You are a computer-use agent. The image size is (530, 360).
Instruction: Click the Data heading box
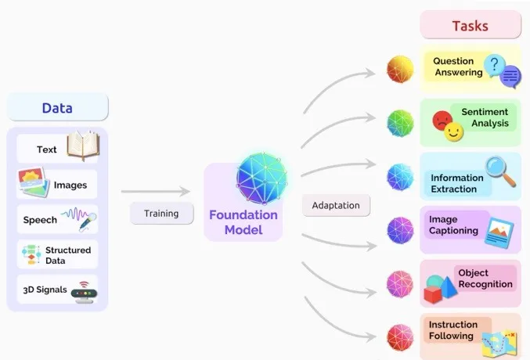point(57,106)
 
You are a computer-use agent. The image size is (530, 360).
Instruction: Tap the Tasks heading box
point(470,25)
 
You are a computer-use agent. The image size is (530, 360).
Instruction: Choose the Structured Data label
point(67,255)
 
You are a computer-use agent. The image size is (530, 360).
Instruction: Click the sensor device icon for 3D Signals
point(82,291)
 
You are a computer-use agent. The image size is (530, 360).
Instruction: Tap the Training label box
point(161,213)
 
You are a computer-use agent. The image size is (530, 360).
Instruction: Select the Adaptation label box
point(335,206)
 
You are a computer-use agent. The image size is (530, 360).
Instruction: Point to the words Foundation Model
point(243,222)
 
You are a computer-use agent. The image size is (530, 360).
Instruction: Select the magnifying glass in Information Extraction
point(499,171)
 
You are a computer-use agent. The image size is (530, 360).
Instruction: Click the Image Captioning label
point(454,225)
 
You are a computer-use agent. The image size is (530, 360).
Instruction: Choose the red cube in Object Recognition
point(434,293)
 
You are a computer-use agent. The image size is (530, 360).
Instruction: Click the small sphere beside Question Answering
point(400,70)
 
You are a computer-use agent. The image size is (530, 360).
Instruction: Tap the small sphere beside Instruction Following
point(400,337)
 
